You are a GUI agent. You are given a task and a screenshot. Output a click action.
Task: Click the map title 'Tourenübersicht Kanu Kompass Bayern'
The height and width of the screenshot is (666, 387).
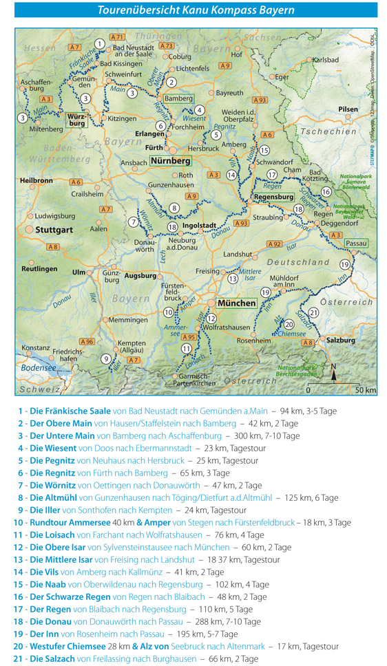pyautogui.click(x=196, y=10)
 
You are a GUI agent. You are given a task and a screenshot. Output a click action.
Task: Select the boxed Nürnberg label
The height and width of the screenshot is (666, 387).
pyautogui.click(x=170, y=161)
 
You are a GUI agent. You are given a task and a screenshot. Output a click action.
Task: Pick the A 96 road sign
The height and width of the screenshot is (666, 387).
pyautogui.click(x=87, y=341)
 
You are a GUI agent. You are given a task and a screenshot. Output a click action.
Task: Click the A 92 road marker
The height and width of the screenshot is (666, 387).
pyautogui.click(x=274, y=244)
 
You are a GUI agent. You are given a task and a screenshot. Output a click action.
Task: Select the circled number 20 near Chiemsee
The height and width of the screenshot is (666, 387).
pyautogui.click(x=289, y=324)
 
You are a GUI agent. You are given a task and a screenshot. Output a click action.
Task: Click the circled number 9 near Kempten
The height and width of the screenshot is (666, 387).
pyautogui.click(x=105, y=358)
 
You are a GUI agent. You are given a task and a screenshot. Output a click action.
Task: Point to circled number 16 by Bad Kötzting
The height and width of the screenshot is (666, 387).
pyautogui.click(x=326, y=191)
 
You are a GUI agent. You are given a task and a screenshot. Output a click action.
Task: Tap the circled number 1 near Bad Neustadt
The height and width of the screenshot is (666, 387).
pyautogui.click(x=100, y=43)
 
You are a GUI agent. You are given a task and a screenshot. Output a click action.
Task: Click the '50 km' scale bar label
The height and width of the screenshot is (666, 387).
pyautogui.click(x=364, y=390)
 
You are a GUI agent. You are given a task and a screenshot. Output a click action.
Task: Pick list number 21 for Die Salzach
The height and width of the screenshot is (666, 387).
pyautogui.click(x=19, y=658)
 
